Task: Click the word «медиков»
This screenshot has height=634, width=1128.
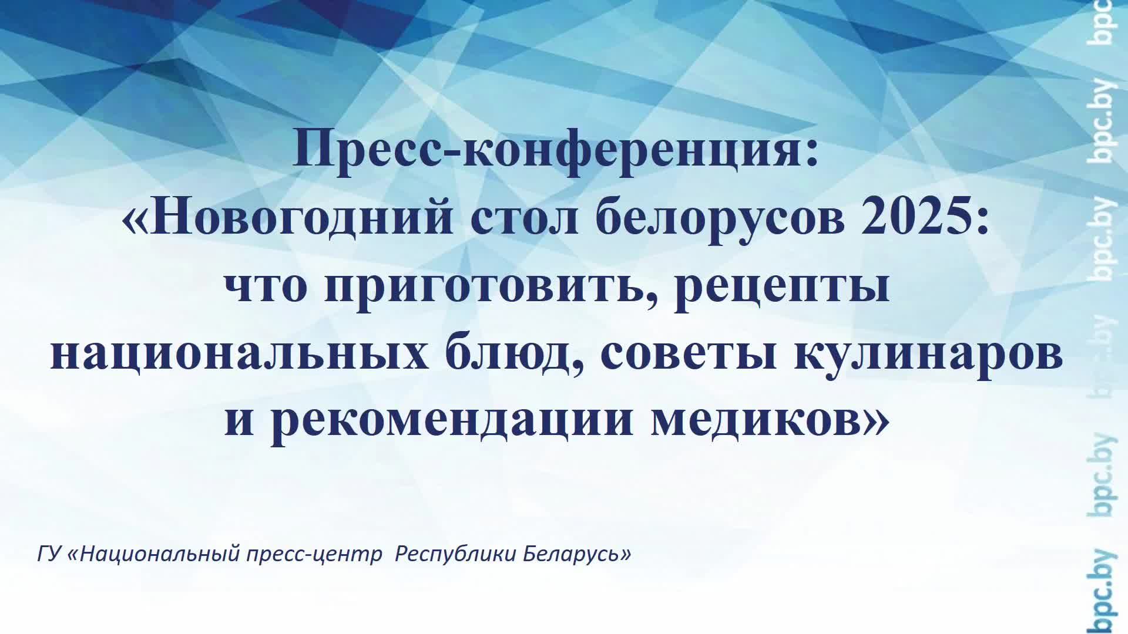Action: click(x=758, y=420)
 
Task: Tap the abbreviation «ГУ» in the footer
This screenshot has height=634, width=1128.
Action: click(x=49, y=554)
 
